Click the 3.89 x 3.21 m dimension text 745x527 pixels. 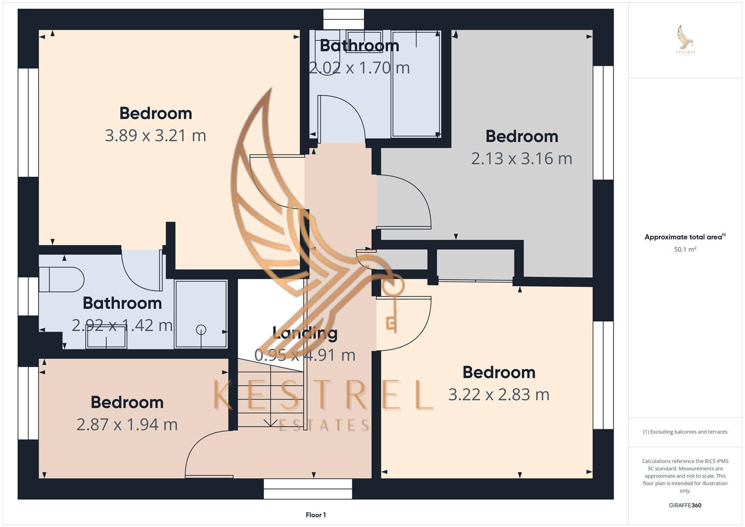pos(155,135)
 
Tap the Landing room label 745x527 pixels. pos(305,333)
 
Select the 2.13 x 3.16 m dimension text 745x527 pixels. pos(521,159)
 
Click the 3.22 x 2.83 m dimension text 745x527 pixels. pos(499,394)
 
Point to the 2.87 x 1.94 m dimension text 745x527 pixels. pos(127,425)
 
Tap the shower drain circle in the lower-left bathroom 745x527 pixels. pos(201,330)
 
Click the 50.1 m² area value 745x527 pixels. pos(685,249)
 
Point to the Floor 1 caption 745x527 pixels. pos(316,515)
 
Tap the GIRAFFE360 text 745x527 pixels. pos(685,505)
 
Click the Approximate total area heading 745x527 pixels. pos(685,237)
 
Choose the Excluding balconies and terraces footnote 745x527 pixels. pos(685,432)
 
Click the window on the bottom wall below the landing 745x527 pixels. pos(307,488)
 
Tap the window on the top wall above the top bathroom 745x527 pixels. pos(343,20)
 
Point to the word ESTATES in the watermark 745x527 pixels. pos(324,425)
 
